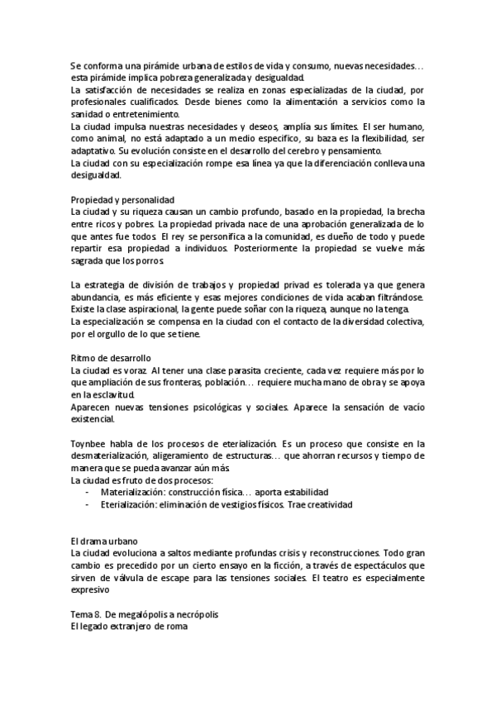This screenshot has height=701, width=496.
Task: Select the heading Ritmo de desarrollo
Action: coord(111,358)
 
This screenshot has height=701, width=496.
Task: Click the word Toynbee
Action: coord(89,444)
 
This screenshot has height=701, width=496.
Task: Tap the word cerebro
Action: coord(336,151)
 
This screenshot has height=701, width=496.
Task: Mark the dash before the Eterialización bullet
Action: coord(87,504)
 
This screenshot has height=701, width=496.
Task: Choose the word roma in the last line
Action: coord(176,627)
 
